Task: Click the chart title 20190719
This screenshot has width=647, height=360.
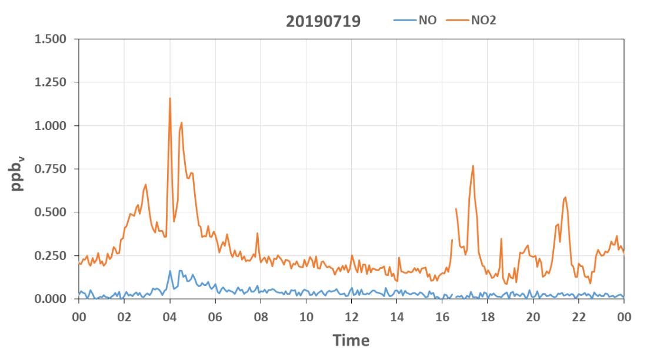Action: [323, 21]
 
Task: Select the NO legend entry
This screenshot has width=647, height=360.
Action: [415, 20]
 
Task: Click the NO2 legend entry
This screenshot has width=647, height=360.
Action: [471, 20]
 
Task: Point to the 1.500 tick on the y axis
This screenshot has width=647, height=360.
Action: [51, 39]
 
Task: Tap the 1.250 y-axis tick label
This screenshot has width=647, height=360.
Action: [51, 82]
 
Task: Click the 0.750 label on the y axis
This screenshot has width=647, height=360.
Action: [51, 169]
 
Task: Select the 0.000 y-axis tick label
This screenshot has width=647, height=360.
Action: [51, 298]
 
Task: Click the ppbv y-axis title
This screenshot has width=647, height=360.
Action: [17, 174]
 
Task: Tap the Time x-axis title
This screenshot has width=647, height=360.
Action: [351, 340]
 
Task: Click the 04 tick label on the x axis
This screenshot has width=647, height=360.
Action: [169, 317]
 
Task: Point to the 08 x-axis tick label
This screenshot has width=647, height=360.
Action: [261, 317]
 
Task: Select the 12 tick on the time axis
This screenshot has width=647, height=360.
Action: [351, 317]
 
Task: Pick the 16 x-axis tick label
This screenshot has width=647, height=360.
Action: [442, 317]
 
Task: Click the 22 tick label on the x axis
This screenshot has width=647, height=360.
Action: [579, 317]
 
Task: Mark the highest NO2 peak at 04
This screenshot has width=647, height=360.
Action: [170, 98]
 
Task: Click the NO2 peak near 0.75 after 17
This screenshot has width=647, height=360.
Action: [473, 166]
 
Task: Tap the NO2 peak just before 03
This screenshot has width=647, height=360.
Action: [146, 185]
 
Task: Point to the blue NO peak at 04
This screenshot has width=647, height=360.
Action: [170, 271]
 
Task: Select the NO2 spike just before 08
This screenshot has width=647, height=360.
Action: [258, 234]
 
